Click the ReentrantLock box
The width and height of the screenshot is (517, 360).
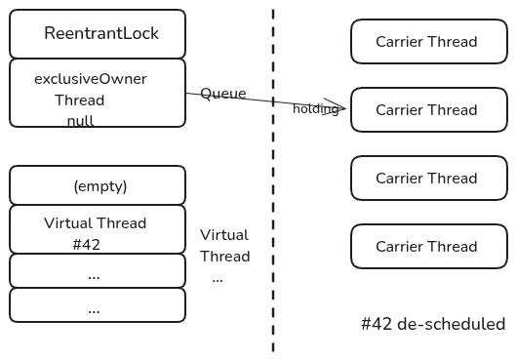98,34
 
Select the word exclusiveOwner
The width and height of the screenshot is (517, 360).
90,79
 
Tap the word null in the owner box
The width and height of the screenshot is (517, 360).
80,121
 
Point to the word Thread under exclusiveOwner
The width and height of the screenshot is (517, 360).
80,100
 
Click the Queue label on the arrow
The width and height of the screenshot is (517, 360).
222,94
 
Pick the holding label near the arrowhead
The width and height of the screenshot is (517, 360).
315,109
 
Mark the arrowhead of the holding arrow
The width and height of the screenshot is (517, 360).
341,105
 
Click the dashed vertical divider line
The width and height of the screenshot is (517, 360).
273,195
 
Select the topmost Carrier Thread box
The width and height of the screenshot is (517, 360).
428,42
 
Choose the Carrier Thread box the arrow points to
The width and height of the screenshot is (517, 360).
428,110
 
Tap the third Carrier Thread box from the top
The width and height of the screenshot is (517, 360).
428,179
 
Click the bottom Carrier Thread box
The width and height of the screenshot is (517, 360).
428,247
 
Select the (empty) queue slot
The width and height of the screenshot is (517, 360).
98,185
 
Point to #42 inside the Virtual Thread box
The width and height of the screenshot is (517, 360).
86,244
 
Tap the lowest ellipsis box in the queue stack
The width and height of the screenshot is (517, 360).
98,305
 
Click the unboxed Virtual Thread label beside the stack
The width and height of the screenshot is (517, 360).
224,246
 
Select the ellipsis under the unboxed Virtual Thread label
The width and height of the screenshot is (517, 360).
217,278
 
